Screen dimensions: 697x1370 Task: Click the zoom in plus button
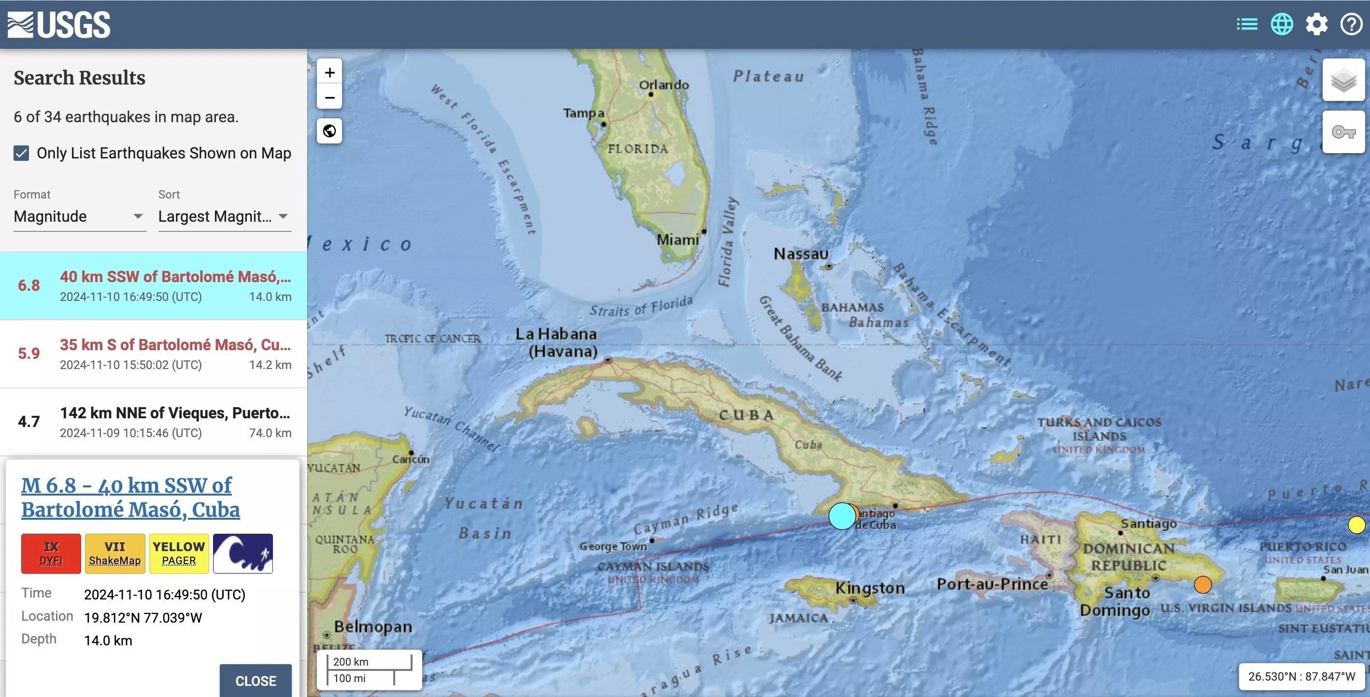click(x=330, y=72)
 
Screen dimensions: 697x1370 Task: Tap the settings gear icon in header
click(x=1316, y=25)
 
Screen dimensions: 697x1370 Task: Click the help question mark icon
click(x=1351, y=25)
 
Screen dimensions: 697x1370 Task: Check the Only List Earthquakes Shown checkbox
click(x=21, y=154)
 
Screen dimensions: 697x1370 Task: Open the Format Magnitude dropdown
click(x=79, y=216)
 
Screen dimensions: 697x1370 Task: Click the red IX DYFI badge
click(x=51, y=554)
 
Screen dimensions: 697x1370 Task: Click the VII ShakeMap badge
click(x=115, y=554)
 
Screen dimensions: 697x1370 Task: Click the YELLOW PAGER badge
click(x=179, y=554)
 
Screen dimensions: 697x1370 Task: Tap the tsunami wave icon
click(x=243, y=554)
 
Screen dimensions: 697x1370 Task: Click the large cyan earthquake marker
click(x=842, y=516)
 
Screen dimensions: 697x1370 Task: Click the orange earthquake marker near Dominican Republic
click(x=1202, y=584)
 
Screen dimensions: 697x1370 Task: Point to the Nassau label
click(x=800, y=254)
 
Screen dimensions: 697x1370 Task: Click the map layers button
click(x=1343, y=80)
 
